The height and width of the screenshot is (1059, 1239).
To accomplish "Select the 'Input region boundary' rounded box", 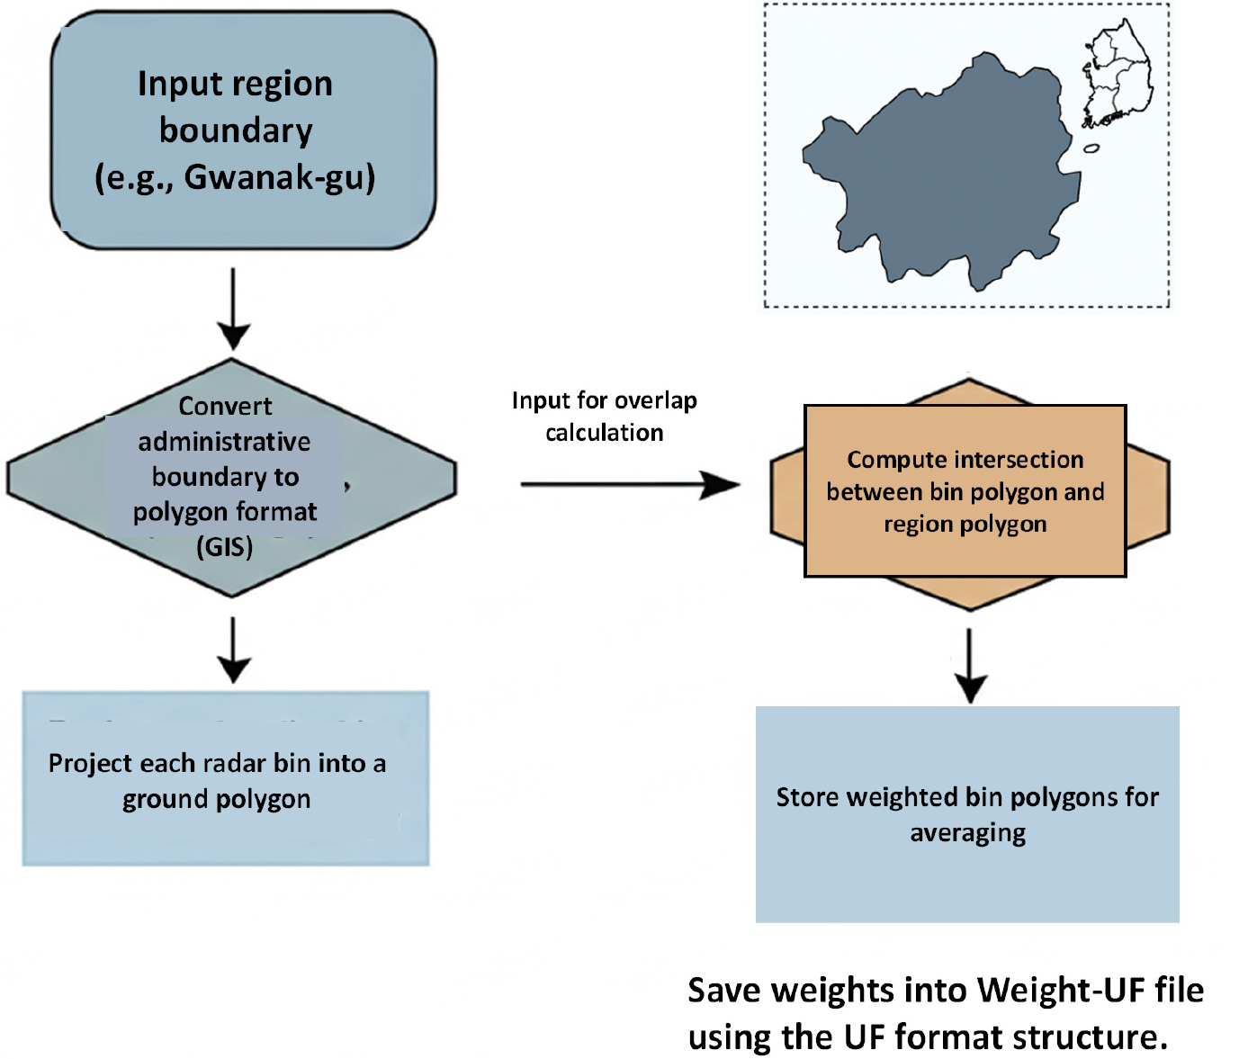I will pyautogui.click(x=243, y=130).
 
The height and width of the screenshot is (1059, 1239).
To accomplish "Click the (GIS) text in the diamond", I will pyautogui.click(x=225, y=546).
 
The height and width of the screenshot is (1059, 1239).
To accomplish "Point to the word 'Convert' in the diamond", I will pyautogui.click(x=225, y=406).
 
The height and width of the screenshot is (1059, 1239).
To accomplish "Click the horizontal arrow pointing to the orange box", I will pyautogui.click(x=630, y=485).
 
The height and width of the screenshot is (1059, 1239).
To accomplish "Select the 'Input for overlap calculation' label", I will pyautogui.click(x=605, y=417).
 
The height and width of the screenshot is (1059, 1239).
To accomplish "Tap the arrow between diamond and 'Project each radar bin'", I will pyautogui.click(x=233, y=650).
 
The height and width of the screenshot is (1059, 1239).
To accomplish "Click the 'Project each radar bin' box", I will pyautogui.click(x=225, y=779).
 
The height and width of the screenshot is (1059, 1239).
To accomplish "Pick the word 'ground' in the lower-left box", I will pyautogui.click(x=166, y=799).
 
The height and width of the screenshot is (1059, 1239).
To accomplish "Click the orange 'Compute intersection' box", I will pyautogui.click(x=965, y=491).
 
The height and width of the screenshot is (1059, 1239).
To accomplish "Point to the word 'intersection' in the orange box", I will pyautogui.click(x=1024, y=460).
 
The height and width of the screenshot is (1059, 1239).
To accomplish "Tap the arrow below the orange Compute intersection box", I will pyautogui.click(x=969, y=666).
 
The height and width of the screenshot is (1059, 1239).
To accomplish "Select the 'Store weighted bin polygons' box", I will pyautogui.click(x=967, y=814).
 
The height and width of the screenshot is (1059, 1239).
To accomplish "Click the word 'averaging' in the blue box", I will pyautogui.click(x=967, y=833).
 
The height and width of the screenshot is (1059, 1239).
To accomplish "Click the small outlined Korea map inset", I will pyautogui.click(x=1116, y=76).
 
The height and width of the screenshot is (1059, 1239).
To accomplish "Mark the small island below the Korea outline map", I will pyautogui.click(x=1091, y=148).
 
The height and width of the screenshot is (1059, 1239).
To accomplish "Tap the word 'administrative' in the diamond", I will pyautogui.click(x=225, y=442).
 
